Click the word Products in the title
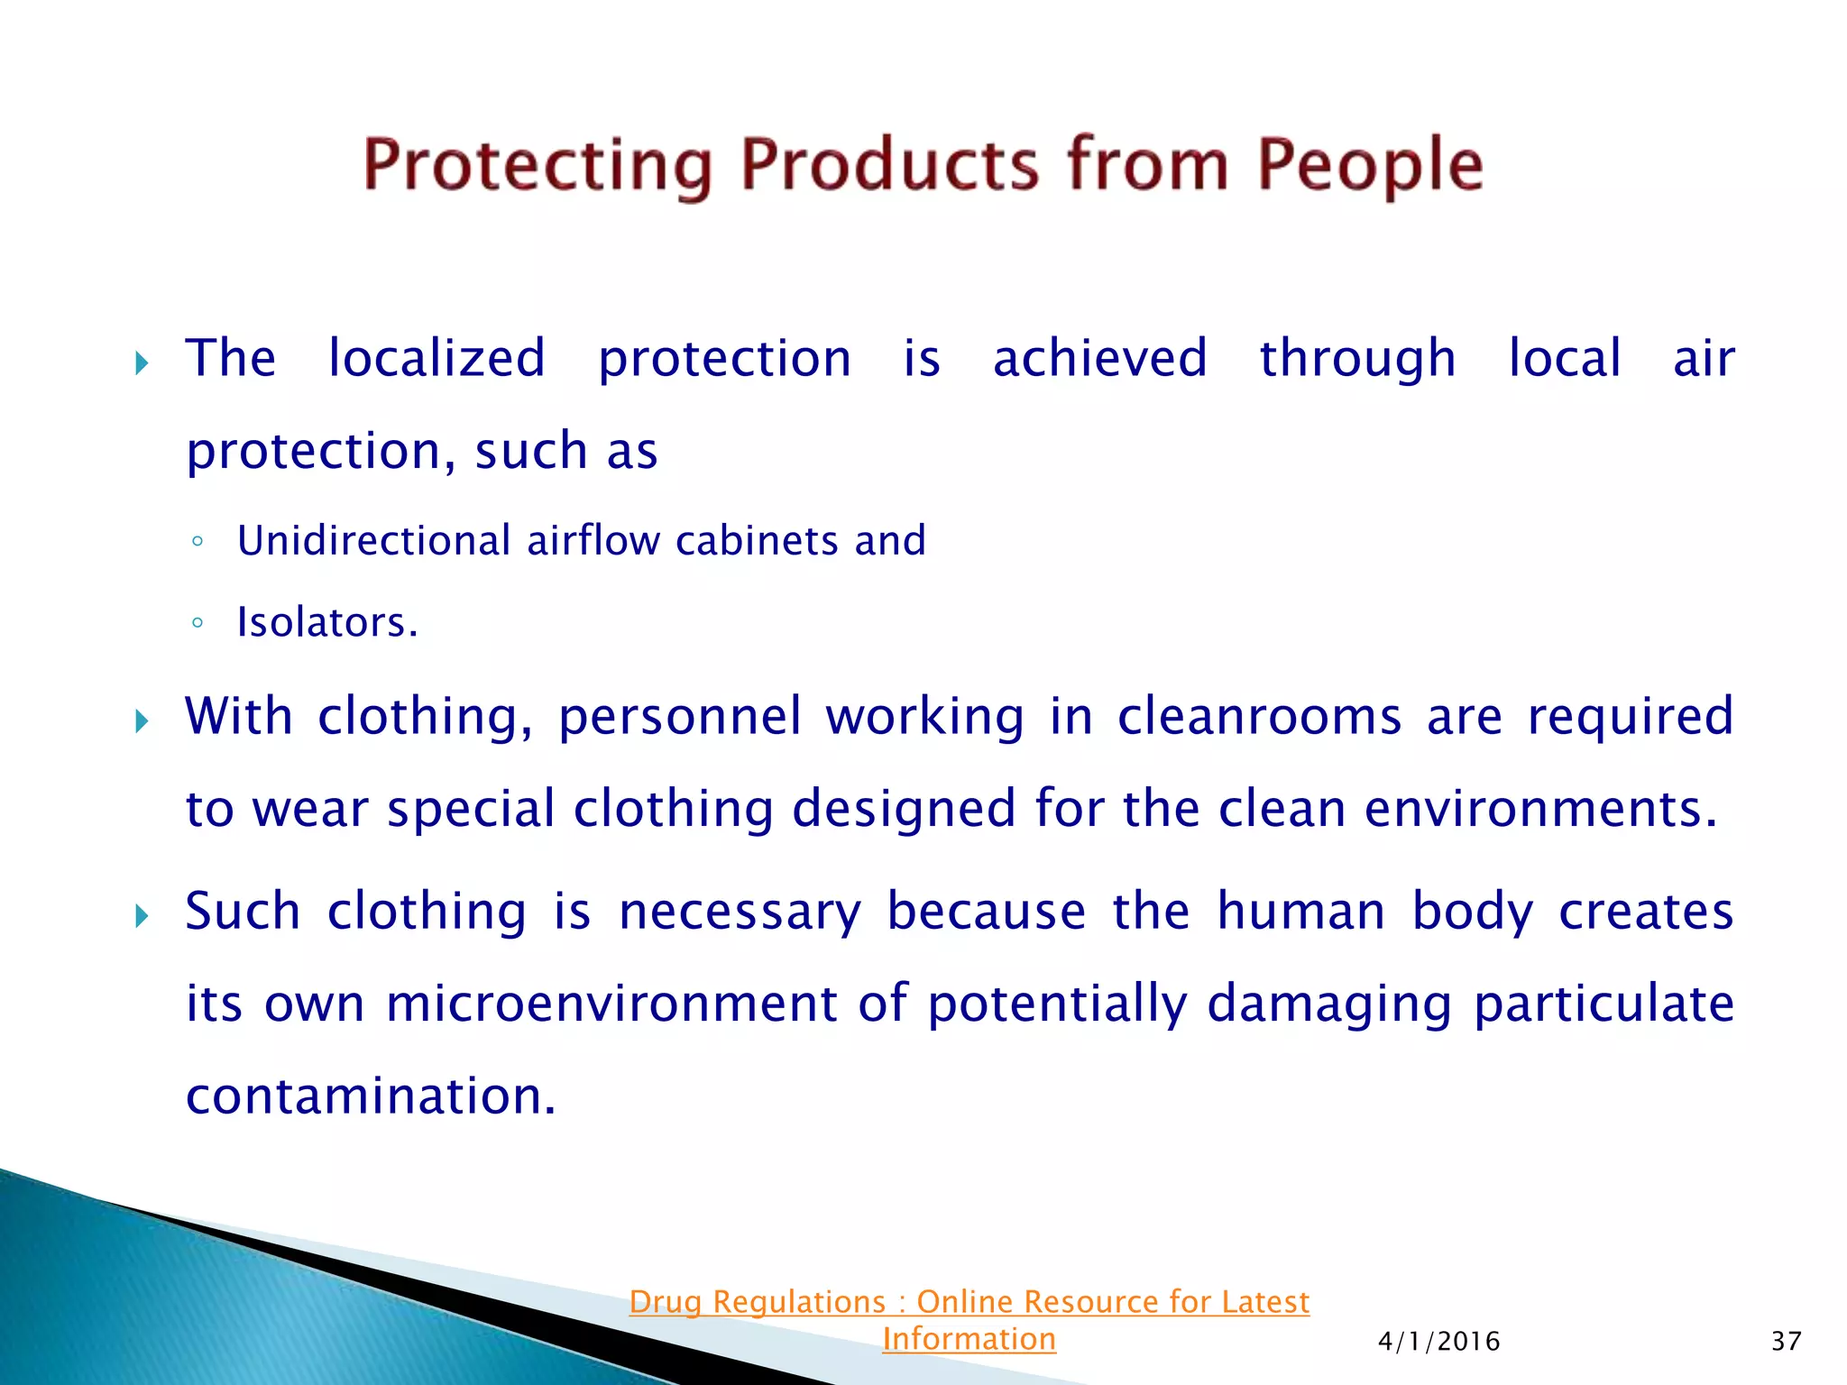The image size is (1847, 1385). [x=888, y=165]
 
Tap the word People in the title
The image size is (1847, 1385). [x=1370, y=165]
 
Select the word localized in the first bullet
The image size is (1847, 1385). [x=436, y=358]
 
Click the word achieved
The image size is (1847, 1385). [x=1099, y=358]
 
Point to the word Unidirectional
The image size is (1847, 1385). [x=374, y=541]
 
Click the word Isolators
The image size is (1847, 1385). [x=326, y=622]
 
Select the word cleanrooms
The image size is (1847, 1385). [x=1260, y=717]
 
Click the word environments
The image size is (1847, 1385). [x=1540, y=808]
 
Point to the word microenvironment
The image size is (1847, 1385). [x=611, y=1004]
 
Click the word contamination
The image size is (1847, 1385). [x=370, y=1096]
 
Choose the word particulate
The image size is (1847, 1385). [x=1603, y=1004]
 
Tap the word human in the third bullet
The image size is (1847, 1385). [x=1300, y=911]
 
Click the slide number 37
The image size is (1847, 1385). [x=1786, y=1342]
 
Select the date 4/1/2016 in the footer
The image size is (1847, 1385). [x=1438, y=1342]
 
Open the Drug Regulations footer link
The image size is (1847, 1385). [x=969, y=1303]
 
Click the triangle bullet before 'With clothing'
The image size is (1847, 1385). [x=142, y=721]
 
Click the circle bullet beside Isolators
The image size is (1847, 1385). [x=198, y=622]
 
